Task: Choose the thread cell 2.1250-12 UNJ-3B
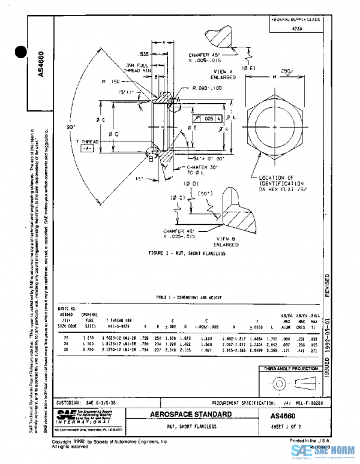124,349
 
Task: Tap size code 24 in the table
65,345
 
